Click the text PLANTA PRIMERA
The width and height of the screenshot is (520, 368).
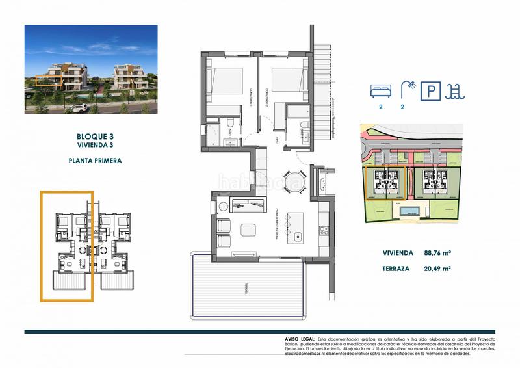tap(94, 159)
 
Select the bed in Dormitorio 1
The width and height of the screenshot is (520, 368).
tap(227, 81)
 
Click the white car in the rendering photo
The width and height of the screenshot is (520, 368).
tap(80, 107)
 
